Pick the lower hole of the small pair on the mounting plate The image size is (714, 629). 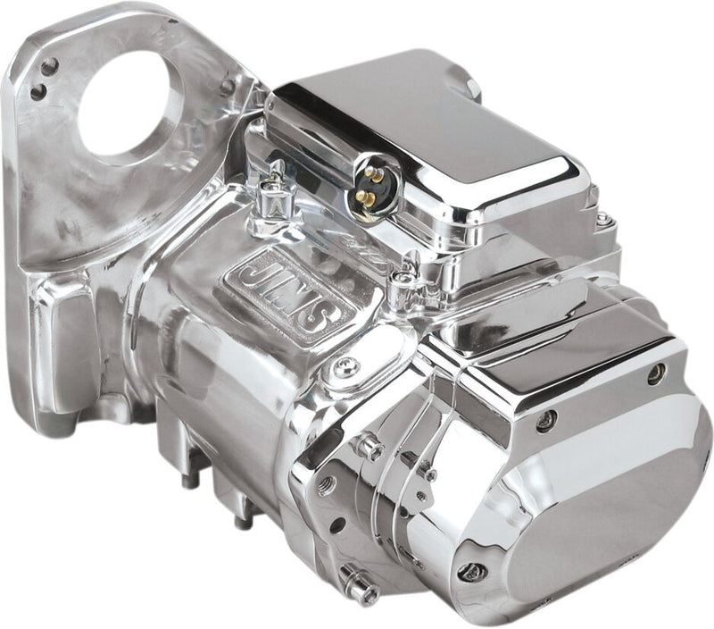[37, 91]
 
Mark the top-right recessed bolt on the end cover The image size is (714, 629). [657, 373]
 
